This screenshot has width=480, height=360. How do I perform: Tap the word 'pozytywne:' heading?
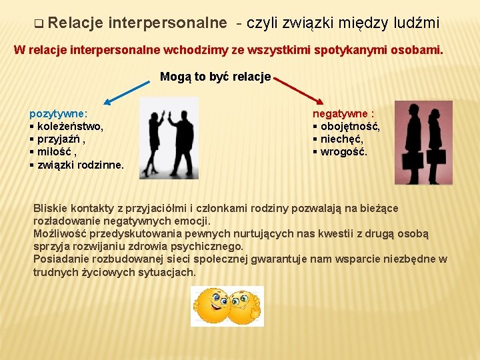pos(59,114)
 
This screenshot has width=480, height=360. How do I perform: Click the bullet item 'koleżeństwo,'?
pos(70,127)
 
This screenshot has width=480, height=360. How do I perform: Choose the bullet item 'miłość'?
pos(56,152)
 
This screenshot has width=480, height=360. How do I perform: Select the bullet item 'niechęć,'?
pos(341,139)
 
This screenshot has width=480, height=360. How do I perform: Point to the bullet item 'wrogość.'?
pos(343,152)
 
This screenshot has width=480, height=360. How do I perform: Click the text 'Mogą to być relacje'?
pos(215,76)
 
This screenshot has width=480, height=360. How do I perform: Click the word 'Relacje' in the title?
pos(75,23)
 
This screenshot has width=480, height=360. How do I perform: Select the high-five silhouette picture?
pos(170,139)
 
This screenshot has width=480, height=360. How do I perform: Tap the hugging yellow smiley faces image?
pos(227,306)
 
